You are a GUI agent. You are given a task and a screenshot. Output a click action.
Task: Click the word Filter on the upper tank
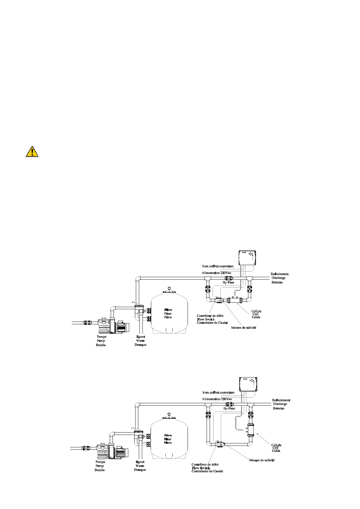pyautogui.click(x=168, y=314)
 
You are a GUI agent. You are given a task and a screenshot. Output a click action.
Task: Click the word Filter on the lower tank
pyautogui.click(x=168, y=439)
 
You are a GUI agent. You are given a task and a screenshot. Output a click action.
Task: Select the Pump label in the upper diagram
pyautogui.click(x=101, y=341)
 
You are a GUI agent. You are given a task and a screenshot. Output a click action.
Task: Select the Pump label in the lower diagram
pyautogui.click(x=100, y=466)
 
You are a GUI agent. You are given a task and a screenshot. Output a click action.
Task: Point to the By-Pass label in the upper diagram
pyautogui.click(x=228, y=283)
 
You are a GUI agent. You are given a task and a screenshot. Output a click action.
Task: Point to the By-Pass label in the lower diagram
pyautogui.click(x=229, y=408)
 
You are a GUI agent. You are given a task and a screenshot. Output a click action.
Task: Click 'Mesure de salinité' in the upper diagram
pyautogui.click(x=244, y=328)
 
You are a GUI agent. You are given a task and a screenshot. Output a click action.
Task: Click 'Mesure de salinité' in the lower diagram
pyautogui.click(x=262, y=460)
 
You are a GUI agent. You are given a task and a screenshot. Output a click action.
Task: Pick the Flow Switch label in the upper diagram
pyautogui.click(x=206, y=319)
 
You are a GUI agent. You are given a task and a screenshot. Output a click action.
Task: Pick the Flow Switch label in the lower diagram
pyautogui.click(x=201, y=468)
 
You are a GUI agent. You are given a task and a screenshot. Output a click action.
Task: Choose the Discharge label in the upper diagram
pyautogui.click(x=278, y=278)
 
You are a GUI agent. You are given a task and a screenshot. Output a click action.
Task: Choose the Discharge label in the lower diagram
pyautogui.click(x=280, y=404)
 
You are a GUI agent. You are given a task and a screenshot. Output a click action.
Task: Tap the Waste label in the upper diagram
pyautogui.click(x=140, y=341)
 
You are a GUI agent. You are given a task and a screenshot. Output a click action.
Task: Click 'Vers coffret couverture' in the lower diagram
pyautogui.click(x=218, y=393)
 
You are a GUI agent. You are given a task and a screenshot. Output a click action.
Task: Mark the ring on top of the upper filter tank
pyautogui.click(x=169, y=288)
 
